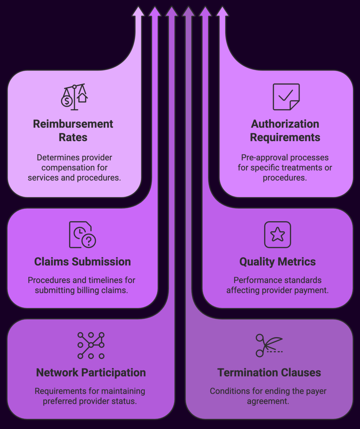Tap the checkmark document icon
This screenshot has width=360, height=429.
tap(286, 97)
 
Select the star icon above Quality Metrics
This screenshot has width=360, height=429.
tap(278, 235)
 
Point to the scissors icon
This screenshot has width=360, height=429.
tap(268, 345)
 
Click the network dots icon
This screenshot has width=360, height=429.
tap(91, 345)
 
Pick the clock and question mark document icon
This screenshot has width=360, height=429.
tap(82, 235)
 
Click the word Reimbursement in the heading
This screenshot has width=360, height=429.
tap(73, 124)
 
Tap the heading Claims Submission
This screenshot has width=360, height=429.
tap(82, 262)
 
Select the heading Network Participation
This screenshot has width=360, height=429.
tap(91, 373)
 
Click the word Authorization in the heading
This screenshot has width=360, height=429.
tap(285, 124)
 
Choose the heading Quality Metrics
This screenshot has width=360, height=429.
tap(278, 262)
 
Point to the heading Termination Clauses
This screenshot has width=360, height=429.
tap(269, 373)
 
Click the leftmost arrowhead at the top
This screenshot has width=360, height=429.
tap(138, 11)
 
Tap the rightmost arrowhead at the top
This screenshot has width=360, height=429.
tap(222, 11)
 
